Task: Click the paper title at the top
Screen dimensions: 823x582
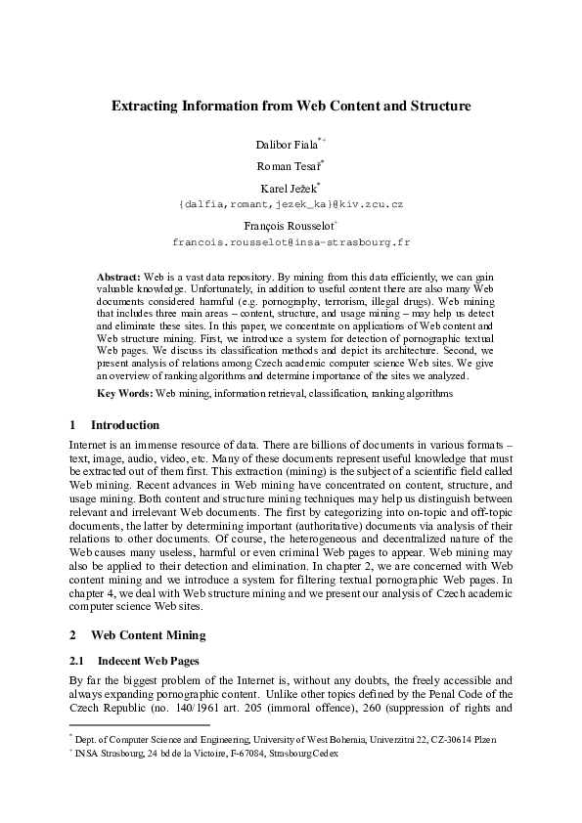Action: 291,105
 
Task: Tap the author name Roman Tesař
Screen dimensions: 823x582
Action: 287,166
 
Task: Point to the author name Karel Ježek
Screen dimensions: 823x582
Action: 288,188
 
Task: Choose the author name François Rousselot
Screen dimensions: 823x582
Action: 288,225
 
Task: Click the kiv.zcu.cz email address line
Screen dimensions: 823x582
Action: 291,204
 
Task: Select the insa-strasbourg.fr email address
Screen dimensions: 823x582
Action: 291,240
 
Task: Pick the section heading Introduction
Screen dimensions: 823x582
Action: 124,425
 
